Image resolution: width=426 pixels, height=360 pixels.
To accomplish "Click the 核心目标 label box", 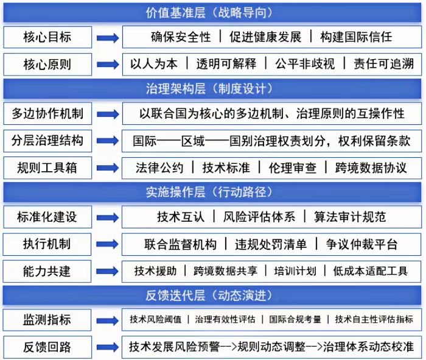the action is pyautogui.click(x=47, y=37).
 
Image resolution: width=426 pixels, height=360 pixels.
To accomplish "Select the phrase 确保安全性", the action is pyautogui.click(x=181, y=37).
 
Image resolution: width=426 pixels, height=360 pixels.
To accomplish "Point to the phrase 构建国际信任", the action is pyautogui.click(x=356, y=37).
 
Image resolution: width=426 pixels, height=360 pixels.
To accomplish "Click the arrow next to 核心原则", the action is pyautogui.click(x=108, y=65).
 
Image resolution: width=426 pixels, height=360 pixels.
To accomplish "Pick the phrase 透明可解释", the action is pyautogui.click(x=226, y=64).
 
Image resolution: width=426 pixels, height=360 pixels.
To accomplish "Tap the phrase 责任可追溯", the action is pyautogui.click(x=383, y=64).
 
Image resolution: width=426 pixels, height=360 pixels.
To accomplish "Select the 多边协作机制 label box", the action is pyautogui.click(x=47, y=114).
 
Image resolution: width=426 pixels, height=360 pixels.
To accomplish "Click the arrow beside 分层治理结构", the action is pyautogui.click(x=108, y=141).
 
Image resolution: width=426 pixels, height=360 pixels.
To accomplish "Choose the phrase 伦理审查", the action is pyautogui.click(x=293, y=168).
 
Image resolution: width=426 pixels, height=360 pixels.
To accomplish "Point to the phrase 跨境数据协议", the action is pyautogui.click(x=371, y=168).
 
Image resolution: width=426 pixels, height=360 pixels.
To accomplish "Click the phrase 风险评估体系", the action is pyautogui.click(x=259, y=217).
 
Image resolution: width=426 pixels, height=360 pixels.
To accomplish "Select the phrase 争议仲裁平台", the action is pyautogui.click(x=361, y=244).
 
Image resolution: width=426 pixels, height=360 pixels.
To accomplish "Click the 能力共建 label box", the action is pyautogui.click(x=47, y=271).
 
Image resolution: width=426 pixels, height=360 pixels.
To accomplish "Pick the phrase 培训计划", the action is pyautogui.click(x=295, y=271).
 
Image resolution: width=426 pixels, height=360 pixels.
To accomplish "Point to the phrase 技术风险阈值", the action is pyautogui.click(x=155, y=319).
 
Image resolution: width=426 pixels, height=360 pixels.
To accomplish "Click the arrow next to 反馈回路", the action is pyautogui.click(x=108, y=347).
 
